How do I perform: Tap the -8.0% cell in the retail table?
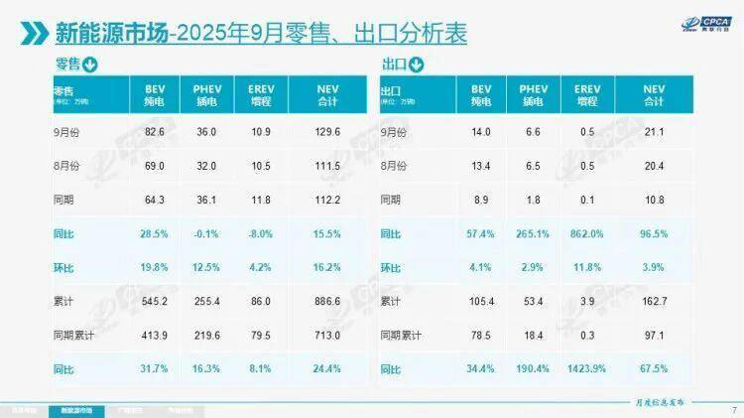coord(263,232)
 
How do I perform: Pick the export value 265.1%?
coord(533,232)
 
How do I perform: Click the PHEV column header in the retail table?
coord(206,95)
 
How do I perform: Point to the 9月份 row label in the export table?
coord(394,131)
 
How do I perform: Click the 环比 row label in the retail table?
coord(65,267)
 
